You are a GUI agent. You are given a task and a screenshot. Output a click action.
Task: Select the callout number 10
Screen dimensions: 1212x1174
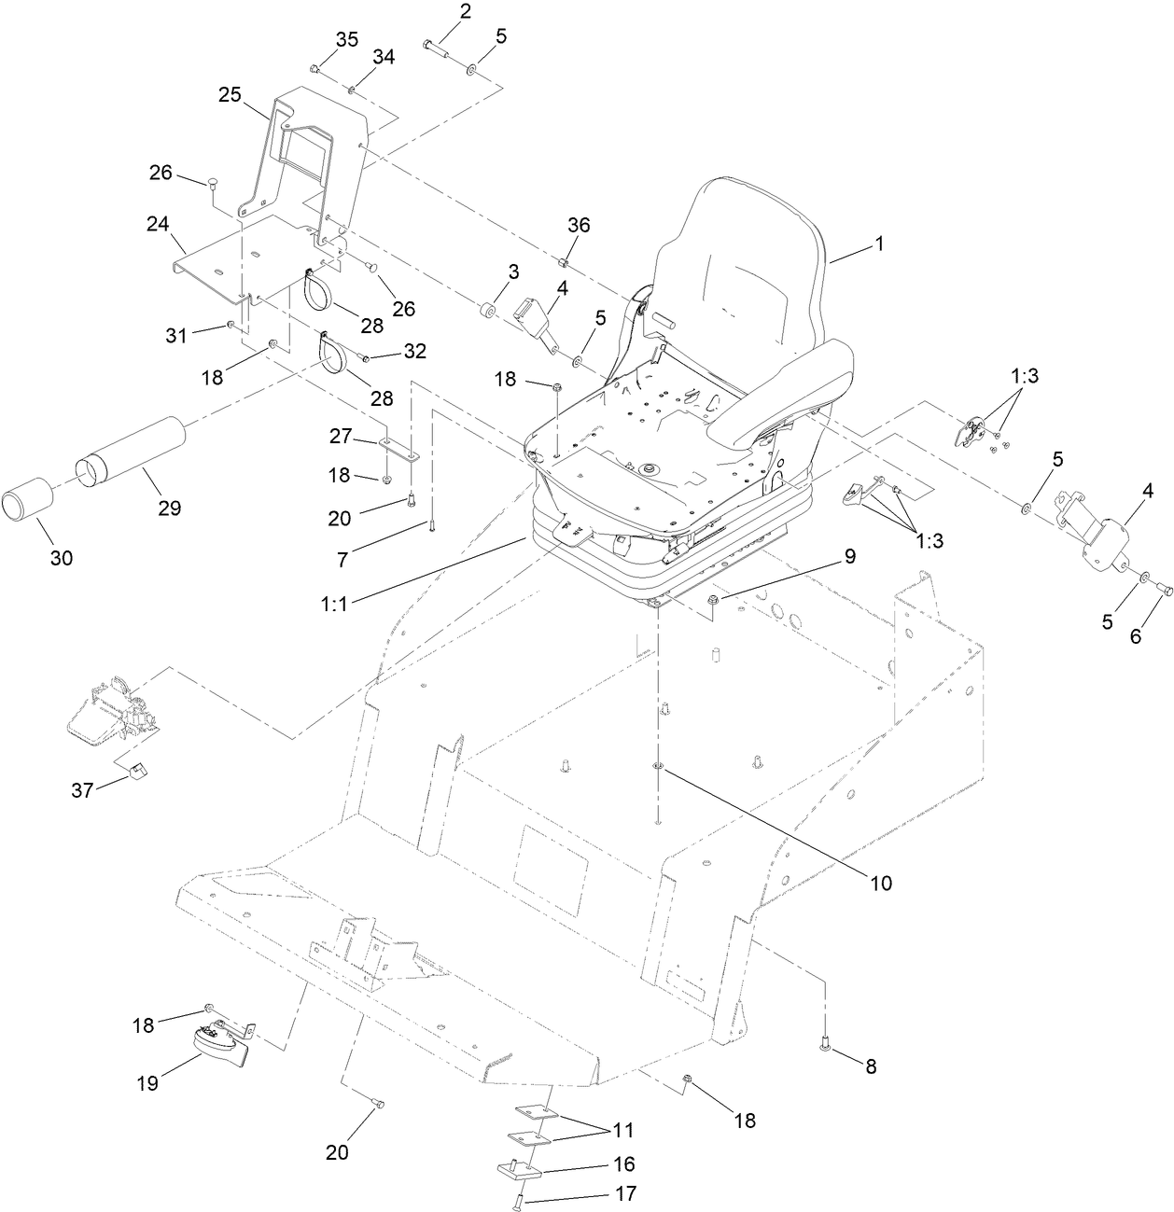[x=881, y=882]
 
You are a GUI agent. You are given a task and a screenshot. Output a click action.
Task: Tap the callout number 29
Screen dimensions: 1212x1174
[x=169, y=508]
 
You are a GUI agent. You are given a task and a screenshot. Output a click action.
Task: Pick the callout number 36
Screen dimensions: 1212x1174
[x=579, y=226]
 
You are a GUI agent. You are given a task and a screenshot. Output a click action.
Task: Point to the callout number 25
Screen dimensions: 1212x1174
[x=230, y=94]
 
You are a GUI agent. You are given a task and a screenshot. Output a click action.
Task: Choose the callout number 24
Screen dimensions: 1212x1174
[x=157, y=224]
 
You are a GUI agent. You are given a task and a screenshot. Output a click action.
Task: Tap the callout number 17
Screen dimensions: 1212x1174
[x=623, y=1192]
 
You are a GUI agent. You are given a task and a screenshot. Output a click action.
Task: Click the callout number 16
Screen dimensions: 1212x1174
[x=623, y=1163]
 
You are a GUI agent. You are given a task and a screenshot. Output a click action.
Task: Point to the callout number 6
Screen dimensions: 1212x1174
[x=1135, y=636]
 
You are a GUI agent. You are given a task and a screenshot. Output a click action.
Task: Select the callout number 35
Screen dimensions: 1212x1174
[x=346, y=39]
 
